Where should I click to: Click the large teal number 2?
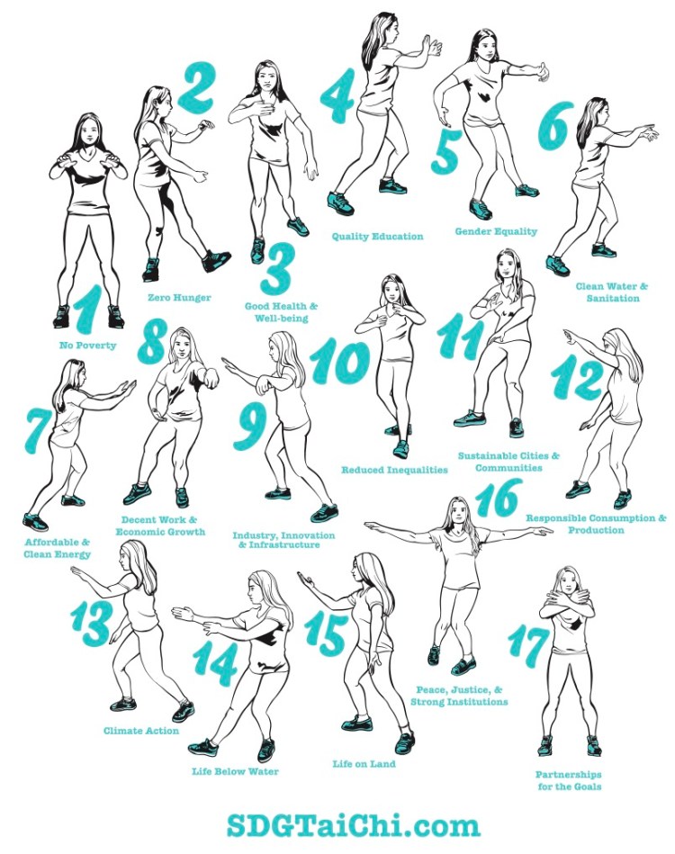(195, 87)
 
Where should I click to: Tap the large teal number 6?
(555, 125)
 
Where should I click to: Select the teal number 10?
(339, 361)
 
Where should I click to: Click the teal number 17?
(528, 646)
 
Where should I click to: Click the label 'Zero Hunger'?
(179, 297)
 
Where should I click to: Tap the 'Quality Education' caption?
(377, 237)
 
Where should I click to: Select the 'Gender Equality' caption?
(496, 231)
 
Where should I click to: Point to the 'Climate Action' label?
(141, 731)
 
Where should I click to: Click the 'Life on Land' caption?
(364, 764)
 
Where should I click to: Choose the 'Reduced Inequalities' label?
(394, 470)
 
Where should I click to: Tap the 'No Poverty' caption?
(87, 346)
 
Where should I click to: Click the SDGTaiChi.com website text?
(353, 826)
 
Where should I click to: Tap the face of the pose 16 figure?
(459, 511)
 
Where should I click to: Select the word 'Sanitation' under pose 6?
(613, 298)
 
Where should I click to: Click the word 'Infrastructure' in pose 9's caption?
(284, 544)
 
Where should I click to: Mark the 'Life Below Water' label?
(235, 771)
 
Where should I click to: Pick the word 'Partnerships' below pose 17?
(568, 774)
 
